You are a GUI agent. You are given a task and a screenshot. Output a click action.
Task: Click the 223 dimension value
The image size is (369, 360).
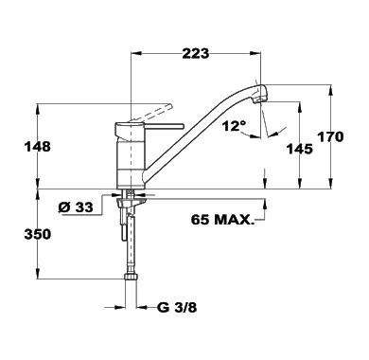pos(196,54)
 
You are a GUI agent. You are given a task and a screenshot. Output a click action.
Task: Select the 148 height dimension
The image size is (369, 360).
pos(38,147)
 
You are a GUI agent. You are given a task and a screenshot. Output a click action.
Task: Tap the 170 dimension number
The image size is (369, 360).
pos(330,137)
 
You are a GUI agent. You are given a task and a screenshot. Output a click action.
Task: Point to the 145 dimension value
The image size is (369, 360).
pos(300,149)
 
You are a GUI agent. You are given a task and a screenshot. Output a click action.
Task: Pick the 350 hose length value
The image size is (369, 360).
pos(38,234)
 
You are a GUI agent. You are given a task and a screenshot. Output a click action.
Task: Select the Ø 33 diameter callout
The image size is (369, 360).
pos(76,207)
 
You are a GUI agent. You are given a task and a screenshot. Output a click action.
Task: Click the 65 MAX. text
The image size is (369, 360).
pos(222,220)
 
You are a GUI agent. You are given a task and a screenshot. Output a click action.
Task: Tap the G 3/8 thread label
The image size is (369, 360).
pos(177,307)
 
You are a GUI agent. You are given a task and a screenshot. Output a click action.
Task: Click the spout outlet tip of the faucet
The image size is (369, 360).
pos(259,100)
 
